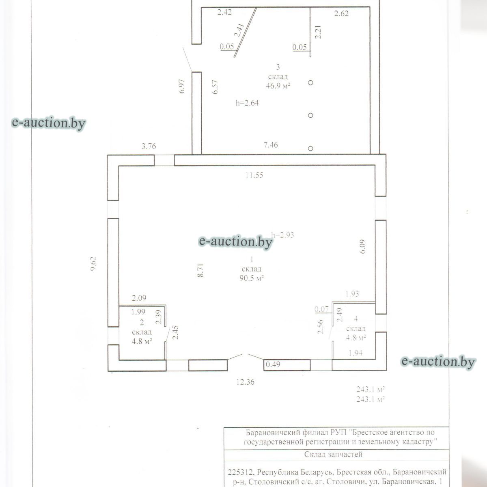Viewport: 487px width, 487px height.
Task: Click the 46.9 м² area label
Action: [278, 86]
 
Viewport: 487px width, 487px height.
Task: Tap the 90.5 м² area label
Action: [252, 278]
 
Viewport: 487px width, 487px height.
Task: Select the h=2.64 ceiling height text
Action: [247, 103]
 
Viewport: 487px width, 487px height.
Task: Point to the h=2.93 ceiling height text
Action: [282, 235]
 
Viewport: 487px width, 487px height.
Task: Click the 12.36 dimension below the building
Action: [246, 382]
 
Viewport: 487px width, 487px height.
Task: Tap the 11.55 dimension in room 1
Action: [254, 175]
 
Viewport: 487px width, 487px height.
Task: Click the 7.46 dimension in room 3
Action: [271, 145]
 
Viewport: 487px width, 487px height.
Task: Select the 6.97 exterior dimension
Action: [182, 86]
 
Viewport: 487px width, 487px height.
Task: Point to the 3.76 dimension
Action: [149, 147]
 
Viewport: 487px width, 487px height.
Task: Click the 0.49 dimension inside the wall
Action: [273, 365]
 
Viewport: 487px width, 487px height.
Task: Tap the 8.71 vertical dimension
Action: [200, 270]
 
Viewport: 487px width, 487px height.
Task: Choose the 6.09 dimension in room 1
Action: [363, 246]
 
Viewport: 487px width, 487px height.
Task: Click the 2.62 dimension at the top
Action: [341, 14]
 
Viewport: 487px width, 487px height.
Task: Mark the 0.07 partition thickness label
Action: [321, 309]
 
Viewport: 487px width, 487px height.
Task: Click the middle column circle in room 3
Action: [310, 115]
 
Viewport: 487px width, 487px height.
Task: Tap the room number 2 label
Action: [142, 323]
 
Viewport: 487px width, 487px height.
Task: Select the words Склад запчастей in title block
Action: [333, 455]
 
